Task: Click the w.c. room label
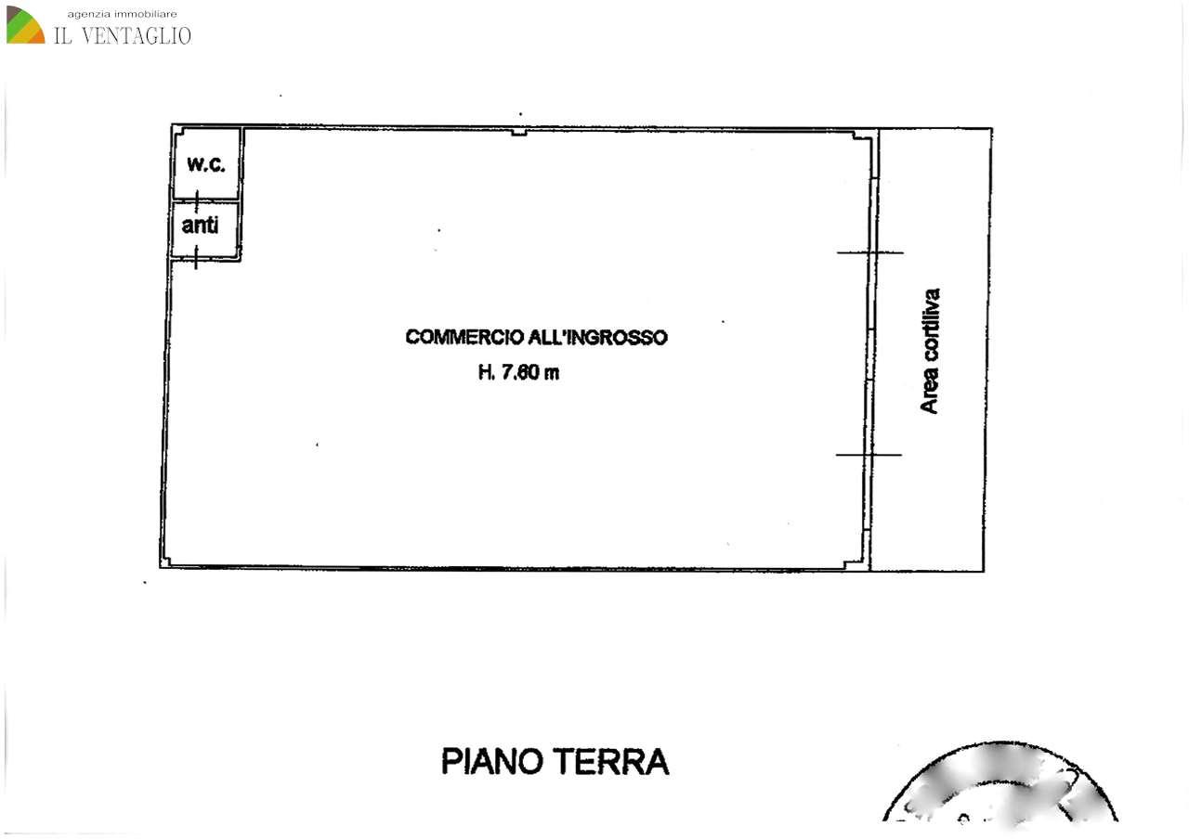coord(205,165)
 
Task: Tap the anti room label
coord(200,225)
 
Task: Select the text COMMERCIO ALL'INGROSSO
coord(536,337)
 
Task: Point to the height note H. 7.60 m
coord(518,373)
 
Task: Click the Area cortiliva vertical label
coord(929,351)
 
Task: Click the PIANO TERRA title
coord(555,761)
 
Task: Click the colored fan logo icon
coord(25,25)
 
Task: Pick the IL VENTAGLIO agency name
coord(123,35)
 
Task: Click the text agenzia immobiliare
coord(122,13)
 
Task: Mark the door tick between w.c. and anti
coord(196,200)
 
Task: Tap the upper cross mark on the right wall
coord(869,252)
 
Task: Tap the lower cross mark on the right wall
coord(869,455)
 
